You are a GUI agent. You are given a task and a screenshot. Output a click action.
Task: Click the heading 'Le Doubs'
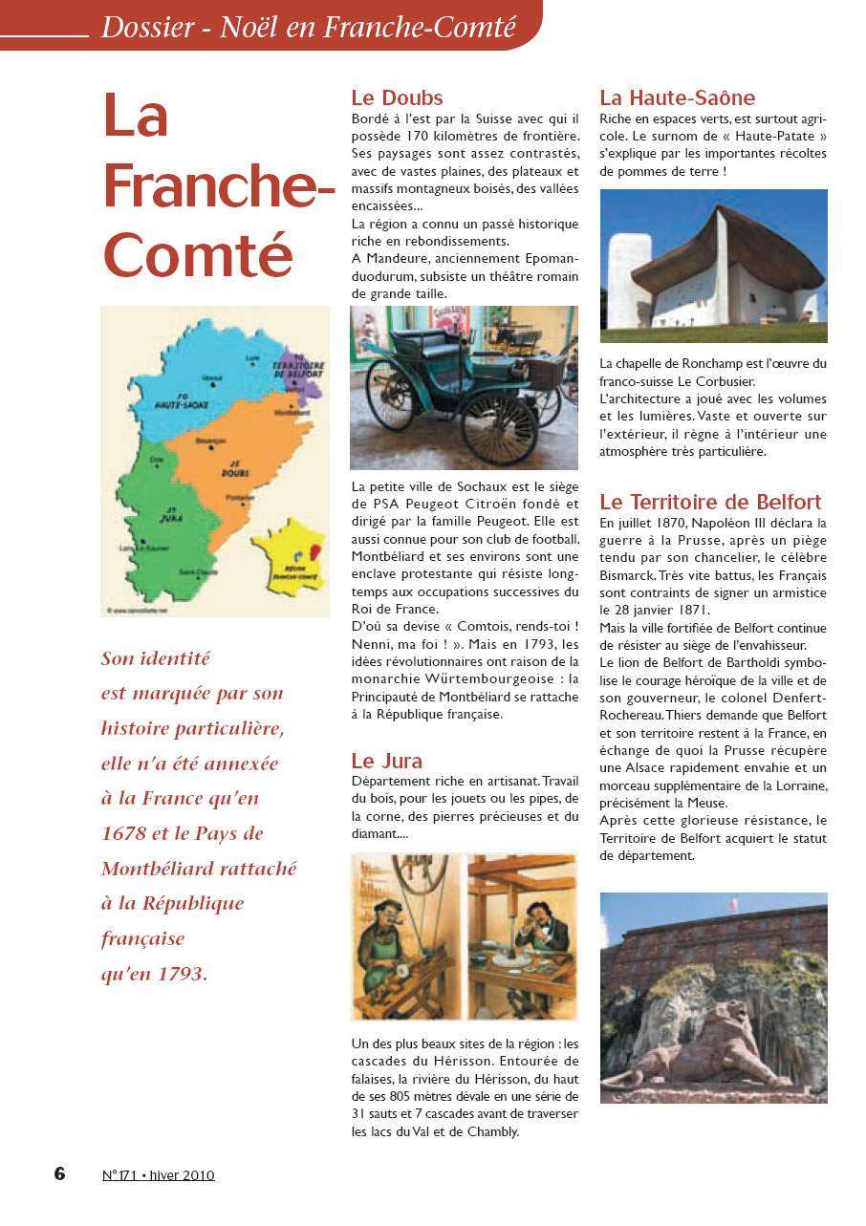click(x=397, y=97)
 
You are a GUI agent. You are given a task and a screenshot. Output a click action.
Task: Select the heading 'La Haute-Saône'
click(x=677, y=97)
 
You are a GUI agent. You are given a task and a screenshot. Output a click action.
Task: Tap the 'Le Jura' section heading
click(x=386, y=761)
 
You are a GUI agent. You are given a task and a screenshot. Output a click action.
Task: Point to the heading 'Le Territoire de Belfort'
click(x=710, y=502)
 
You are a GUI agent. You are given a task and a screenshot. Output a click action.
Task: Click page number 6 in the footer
click(x=59, y=1173)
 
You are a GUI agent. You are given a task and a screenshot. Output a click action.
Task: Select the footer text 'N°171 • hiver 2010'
click(x=158, y=1175)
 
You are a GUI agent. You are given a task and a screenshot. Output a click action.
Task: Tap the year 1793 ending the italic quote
click(x=183, y=974)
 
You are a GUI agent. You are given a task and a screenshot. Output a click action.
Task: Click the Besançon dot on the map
click(x=204, y=446)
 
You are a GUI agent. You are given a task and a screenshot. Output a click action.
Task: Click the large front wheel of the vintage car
click(x=499, y=427)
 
